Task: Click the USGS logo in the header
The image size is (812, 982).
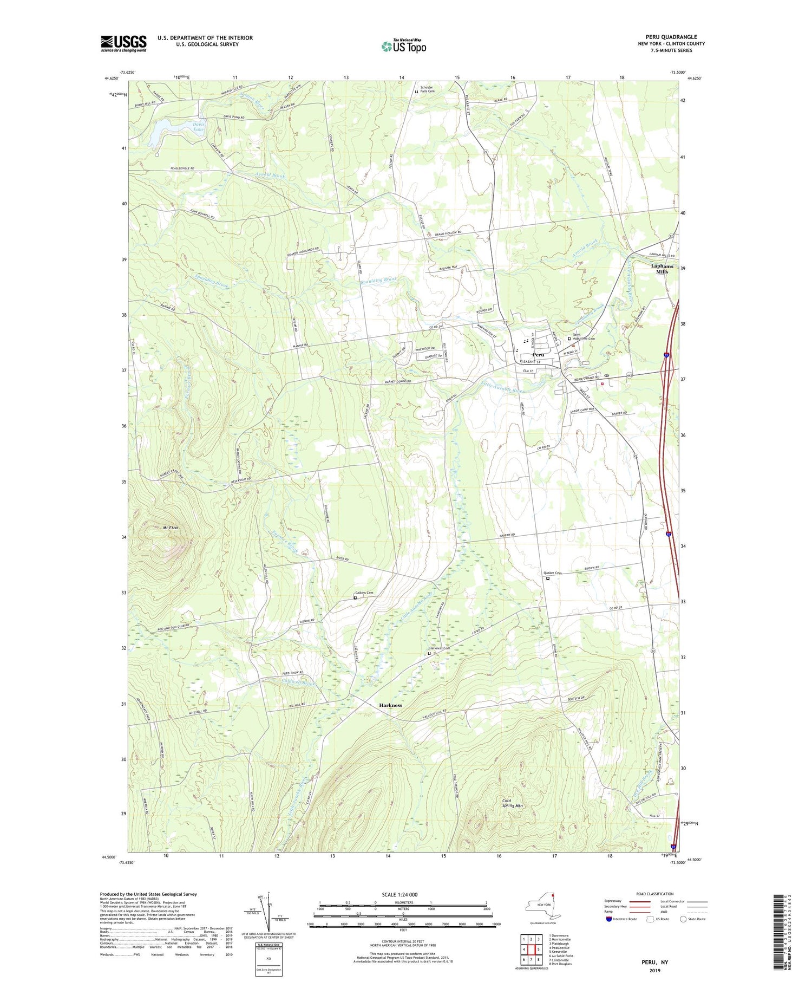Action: (123, 43)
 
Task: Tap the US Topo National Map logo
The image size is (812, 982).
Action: (403, 46)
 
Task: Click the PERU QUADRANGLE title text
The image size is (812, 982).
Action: (671, 37)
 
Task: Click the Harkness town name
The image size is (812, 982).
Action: (390, 705)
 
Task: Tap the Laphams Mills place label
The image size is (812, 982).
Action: (663, 269)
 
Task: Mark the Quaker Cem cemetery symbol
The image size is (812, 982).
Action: (547, 578)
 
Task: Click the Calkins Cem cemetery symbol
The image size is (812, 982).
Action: (355, 598)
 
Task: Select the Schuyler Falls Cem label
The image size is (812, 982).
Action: (428, 89)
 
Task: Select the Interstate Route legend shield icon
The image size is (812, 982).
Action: (609, 919)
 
